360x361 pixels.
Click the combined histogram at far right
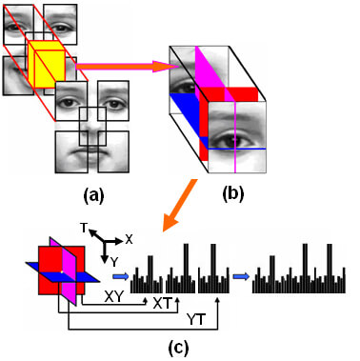(299, 271)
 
